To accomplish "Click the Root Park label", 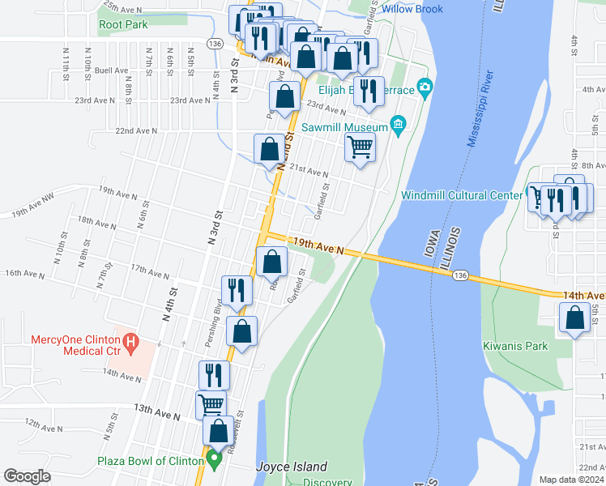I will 123,24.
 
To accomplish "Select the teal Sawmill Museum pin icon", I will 397,125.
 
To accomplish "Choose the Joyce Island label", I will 292,467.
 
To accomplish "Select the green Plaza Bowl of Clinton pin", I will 215,461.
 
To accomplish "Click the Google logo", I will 27,476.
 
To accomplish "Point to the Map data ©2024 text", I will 572,480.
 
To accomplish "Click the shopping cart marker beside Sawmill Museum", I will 360,147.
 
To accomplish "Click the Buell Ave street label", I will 107,70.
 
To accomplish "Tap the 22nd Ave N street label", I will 136,130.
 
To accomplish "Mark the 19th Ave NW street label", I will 32,215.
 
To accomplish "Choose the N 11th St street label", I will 66,58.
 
